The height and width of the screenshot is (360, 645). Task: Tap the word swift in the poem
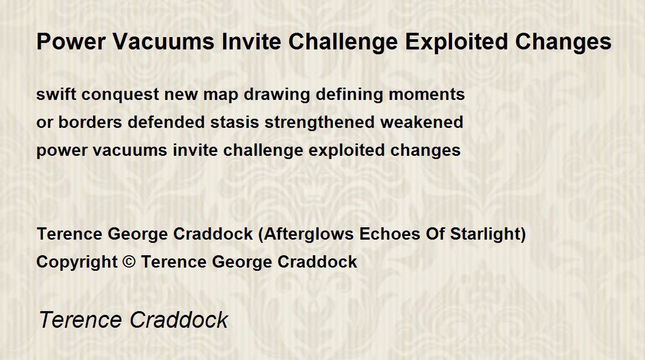[x=56, y=94]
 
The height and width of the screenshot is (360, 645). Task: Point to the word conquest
[x=120, y=95]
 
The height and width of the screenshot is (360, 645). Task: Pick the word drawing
[x=277, y=95]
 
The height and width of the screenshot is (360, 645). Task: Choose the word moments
[x=427, y=95]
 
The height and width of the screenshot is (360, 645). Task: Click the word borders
[x=90, y=122]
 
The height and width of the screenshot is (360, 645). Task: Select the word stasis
[x=235, y=123]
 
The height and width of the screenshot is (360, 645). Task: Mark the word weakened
[x=422, y=122]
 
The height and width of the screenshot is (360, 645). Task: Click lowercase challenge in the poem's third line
[x=263, y=150]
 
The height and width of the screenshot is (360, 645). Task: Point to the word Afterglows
[x=309, y=234]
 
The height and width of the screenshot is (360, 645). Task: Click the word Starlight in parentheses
[x=485, y=234]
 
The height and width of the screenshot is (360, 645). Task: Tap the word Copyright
[x=77, y=262]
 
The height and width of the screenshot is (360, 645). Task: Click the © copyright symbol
[x=129, y=262]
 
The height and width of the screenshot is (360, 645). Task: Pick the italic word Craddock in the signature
[x=179, y=320]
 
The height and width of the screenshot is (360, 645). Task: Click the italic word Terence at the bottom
[x=81, y=320]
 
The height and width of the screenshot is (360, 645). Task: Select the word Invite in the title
[x=252, y=42]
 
